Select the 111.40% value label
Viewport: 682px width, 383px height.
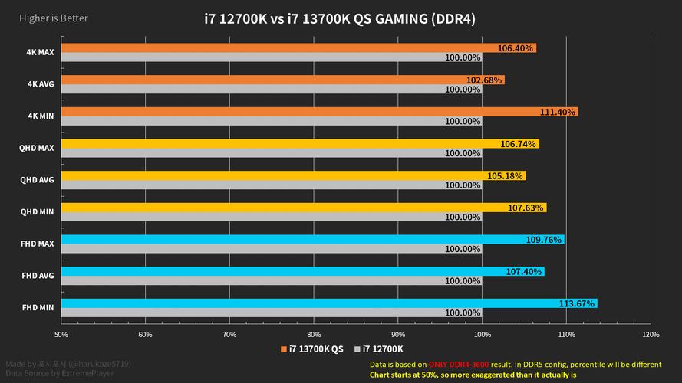pyautogui.click(x=558, y=112)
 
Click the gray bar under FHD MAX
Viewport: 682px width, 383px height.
pyautogui.click(x=253, y=249)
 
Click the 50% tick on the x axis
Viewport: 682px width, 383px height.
pyautogui.click(x=61, y=334)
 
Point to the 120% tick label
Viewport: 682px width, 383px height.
pyautogui.click(x=651, y=334)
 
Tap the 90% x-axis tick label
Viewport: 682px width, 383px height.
pyautogui.click(x=398, y=334)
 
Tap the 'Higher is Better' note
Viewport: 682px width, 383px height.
pyautogui.click(x=44, y=18)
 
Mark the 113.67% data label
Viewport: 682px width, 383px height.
pyautogui.click(x=577, y=303)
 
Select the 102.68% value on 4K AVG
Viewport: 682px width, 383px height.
pyautogui.click(x=484, y=80)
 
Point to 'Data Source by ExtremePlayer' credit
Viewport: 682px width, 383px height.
pyautogui.click(x=59, y=374)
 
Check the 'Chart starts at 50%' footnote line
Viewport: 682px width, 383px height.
pyautogui.click(x=473, y=375)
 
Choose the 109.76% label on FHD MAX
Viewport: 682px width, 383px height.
pyautogui.click(x=544, y=240)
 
